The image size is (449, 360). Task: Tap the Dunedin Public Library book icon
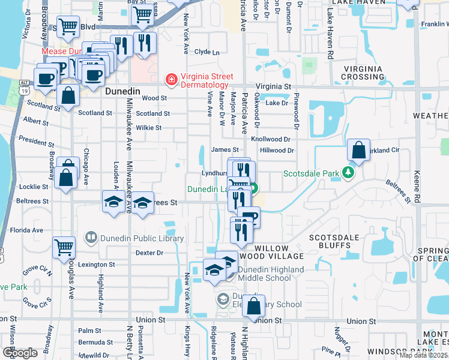(91, 238)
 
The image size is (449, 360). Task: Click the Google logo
(20, 353)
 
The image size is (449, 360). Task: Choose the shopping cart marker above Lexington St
(64, 247)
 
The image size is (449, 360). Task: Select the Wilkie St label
(148, 128)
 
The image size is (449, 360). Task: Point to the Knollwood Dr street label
(270, 139)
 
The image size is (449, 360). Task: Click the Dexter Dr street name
(149, 253)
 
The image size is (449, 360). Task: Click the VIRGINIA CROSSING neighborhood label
(363, 73)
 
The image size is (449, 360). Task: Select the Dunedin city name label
(122, 91)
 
